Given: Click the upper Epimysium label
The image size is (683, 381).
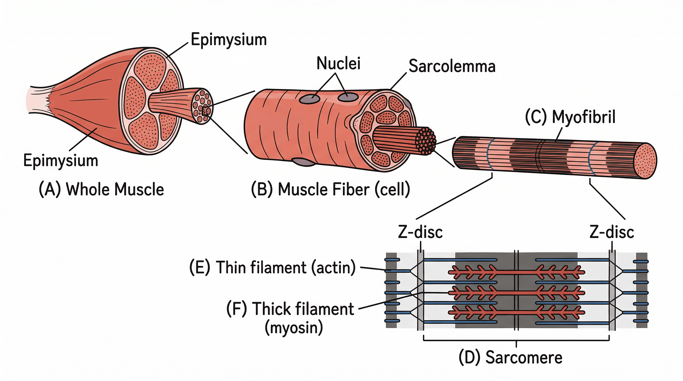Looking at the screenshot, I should (x=229, y=40).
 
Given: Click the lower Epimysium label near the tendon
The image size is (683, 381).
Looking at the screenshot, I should (x=61, y=160).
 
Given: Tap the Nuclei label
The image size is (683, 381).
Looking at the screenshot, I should (x=338, y=63).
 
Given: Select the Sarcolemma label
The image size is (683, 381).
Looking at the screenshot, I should (x=452, y=66).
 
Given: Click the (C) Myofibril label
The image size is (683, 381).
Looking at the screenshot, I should (x=570, y=117).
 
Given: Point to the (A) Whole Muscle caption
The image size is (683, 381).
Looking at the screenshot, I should (x=101, y=190).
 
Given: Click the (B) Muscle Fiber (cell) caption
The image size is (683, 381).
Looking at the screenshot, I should (x=330, y=190).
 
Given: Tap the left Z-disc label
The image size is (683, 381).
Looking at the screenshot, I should (x=420, y=232).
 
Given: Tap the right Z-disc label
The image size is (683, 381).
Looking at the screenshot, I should (x=612, y=232).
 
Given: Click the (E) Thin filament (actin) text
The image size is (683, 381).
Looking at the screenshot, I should (x=272, y=267).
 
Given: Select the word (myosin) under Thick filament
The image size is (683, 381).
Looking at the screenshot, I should (x=294, y=328).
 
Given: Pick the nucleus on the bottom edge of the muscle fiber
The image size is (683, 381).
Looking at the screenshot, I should (x=304, y=162).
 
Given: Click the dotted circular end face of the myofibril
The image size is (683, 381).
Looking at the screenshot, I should (x=645, y=161).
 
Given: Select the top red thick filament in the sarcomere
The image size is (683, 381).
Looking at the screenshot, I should (x=516, y=272).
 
